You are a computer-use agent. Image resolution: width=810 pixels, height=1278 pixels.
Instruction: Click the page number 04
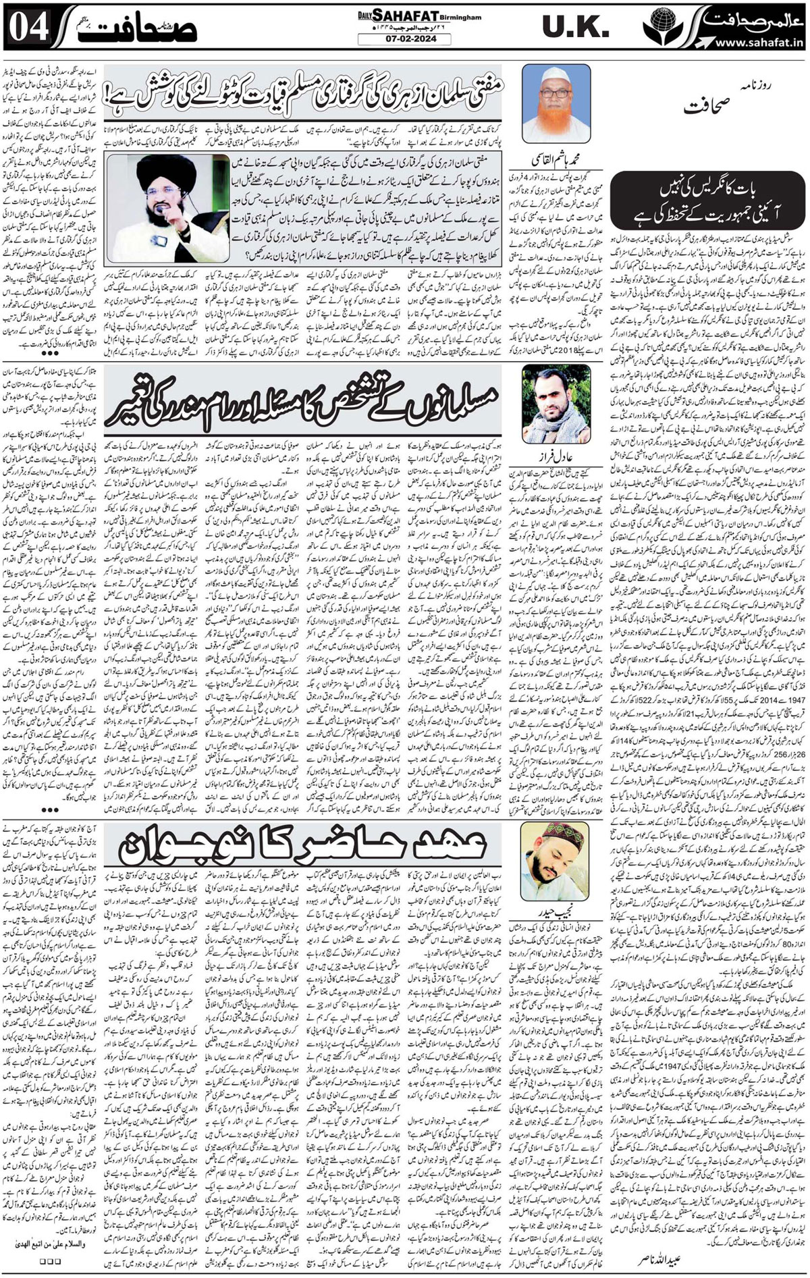pos(24,27)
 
